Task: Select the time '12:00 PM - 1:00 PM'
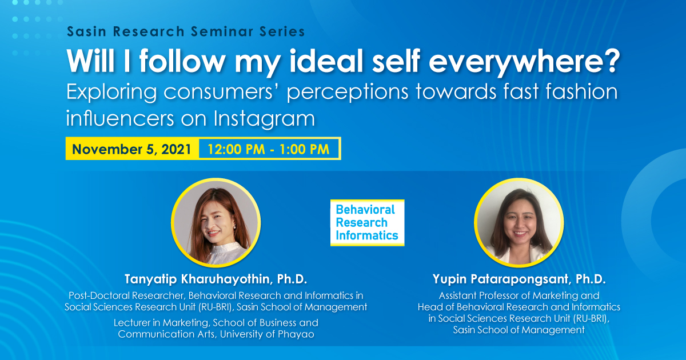(269, 149)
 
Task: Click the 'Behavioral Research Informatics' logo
(367, 222)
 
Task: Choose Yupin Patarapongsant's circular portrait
(519, 223)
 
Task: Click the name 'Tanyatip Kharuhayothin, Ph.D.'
(216, 279)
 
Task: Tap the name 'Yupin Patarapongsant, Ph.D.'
(519, 280)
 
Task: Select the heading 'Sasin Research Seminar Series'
(186, 31)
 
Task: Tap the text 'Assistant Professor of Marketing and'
(519, 295)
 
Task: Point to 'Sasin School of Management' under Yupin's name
(519, 330)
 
